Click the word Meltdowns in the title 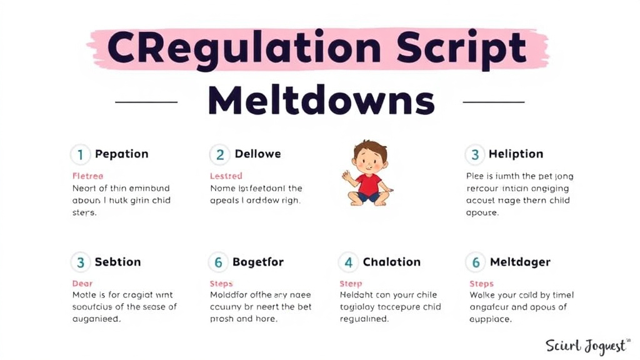click(321, 100)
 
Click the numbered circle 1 click(79, 154)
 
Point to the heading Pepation click(121, 154)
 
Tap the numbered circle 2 click(219, 154)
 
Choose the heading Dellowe click(257, 154)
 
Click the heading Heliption click(516, 154)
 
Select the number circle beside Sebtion click(80, 262)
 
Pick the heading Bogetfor click(257, 262)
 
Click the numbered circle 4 click(348, 262)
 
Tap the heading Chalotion click(391, 262)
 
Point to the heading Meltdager click(520, 262)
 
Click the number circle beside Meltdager click(476, 262)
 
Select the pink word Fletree click(87, 176)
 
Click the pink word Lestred click(226, 176)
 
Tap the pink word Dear click(82, 284)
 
